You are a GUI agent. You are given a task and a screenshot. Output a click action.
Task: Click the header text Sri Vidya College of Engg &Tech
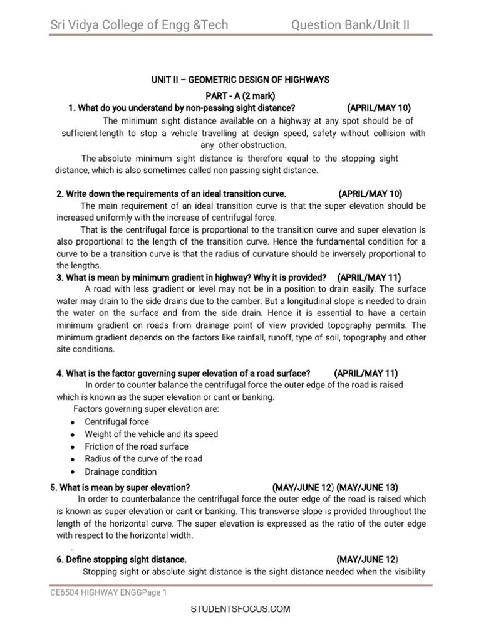tap(139, 25)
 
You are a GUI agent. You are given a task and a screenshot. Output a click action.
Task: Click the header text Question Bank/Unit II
tap(351, 25)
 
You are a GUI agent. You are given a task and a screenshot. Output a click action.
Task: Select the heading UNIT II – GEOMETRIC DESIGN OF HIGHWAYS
tap(240, 80)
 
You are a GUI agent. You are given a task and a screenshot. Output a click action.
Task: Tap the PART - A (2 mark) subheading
tap(240, 95)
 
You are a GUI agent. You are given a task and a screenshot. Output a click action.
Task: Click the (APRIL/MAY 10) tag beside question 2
tap(370, 193)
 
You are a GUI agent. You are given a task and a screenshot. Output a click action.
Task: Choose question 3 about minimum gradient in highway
tap(192, 277)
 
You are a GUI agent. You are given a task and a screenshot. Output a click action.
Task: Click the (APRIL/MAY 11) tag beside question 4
tap(366, 373)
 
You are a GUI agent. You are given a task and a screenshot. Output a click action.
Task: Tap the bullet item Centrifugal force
tap(116, 422)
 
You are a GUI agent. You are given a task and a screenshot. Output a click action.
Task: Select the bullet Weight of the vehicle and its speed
tap(152, 434)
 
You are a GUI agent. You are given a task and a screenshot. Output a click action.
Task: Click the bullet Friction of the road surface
tap(137, 446)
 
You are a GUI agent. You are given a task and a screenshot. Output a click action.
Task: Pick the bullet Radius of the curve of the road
tap(143, 459)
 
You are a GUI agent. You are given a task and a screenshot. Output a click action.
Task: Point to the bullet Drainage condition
tap(121, 471)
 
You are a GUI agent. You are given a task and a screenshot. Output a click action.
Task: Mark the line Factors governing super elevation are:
tap(146, 409)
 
